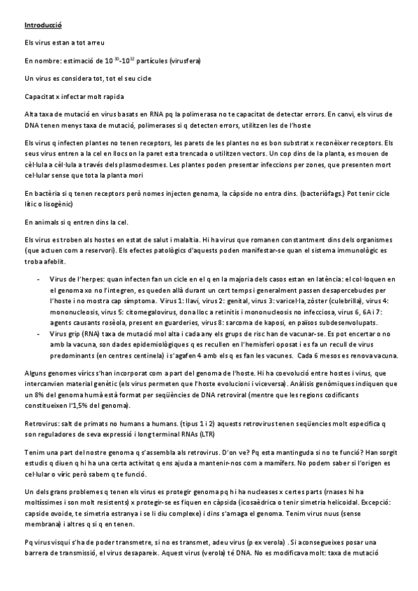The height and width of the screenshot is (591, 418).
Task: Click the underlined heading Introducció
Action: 43,25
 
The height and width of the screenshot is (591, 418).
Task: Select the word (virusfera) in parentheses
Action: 183,61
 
